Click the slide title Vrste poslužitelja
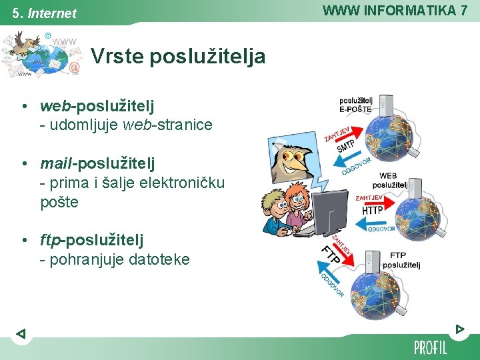point(178,57)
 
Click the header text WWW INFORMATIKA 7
point(395,10)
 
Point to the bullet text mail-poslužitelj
point(97,163)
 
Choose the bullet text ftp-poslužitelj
point(91,239)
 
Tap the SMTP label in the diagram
point(346,145)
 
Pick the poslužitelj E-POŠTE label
point(356,105)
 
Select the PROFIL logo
point(430,347)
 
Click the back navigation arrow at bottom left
point(21,333)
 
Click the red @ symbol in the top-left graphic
point(75,67)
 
